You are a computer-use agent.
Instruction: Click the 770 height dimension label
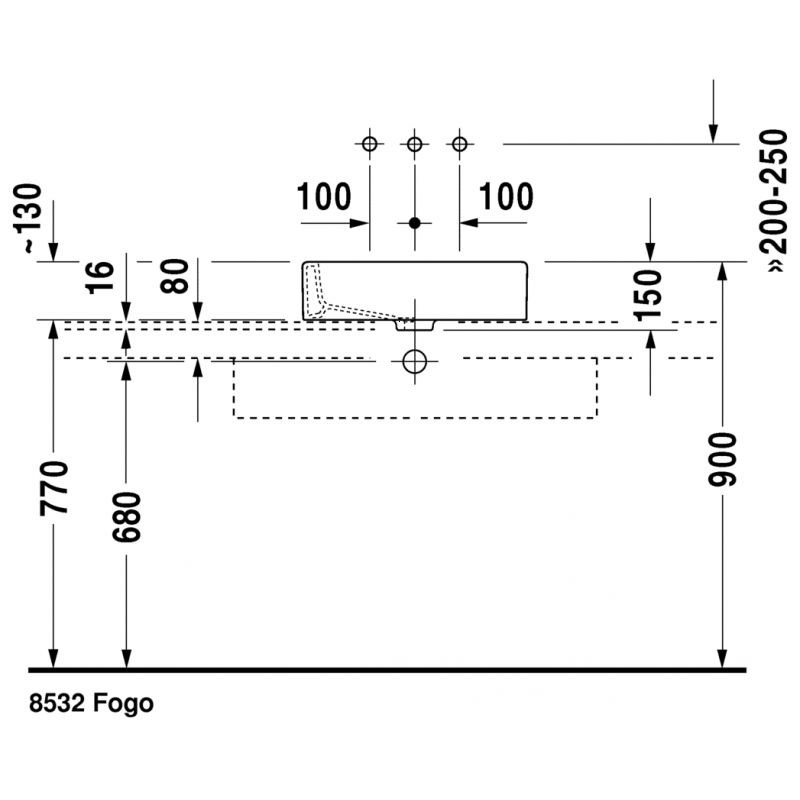pos(54,487)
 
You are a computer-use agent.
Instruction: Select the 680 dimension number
pos(126,516)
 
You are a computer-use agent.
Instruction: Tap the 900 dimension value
pos(722,459)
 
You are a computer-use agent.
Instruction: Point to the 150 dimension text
pos(648,295)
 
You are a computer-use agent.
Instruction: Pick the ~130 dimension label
pos(27,218)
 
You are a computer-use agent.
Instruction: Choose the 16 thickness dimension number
pos(100,277)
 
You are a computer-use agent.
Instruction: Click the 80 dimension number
pos(174,276)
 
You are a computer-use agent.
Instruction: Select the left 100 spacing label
pos(324,196)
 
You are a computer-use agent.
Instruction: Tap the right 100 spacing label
pos(506,196)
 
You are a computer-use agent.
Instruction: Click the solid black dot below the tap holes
pos(415,223)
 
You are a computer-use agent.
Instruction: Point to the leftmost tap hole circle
pos(369,144)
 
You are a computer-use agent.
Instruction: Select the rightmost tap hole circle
pos(460,144)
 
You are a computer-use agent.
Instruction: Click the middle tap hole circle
pos(415,144)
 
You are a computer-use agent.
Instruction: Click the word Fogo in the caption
pos(123,704)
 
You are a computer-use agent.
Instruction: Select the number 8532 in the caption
pos(57,703)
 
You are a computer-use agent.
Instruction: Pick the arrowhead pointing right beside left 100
pos(360,223)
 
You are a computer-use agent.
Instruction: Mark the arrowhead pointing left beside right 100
pos(469,223)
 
